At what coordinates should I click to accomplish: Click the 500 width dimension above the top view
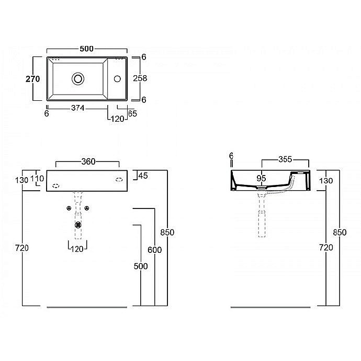click(87, 49)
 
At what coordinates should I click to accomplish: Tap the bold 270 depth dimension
click(33, 79)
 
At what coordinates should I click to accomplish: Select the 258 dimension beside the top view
click(140, 78)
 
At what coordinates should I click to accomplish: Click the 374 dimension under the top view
click(77, 108)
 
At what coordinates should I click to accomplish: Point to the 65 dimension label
click(132, 113)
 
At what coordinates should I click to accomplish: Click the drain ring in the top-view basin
click(77, 79)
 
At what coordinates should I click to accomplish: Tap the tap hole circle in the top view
click(117, 79)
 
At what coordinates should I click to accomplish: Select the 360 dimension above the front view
click(88, 161)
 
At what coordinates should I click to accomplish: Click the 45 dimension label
click(143, 176)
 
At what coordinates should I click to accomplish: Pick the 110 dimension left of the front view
click(37, 179)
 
